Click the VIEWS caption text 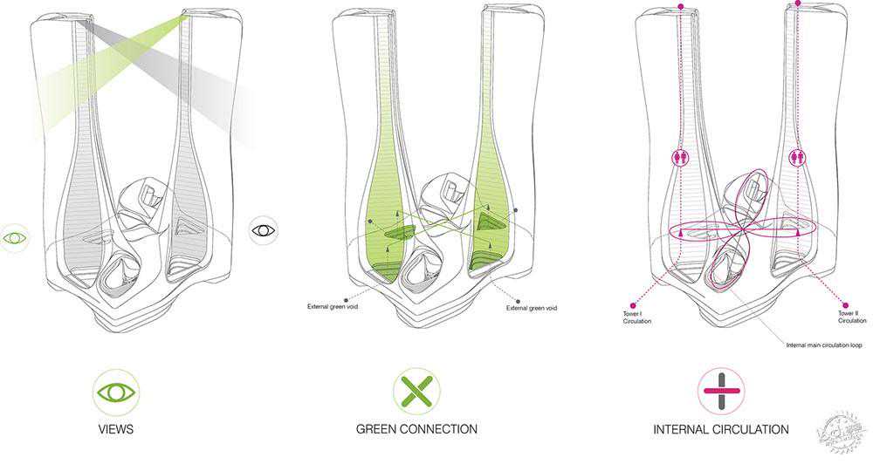pos(116,429)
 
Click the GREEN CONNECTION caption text pos(416,429)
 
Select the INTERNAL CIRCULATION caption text pos(721,429)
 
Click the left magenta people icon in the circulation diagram pos(681,159)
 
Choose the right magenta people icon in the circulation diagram pos(796,158)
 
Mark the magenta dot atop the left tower pos(681,8)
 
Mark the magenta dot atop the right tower pos(798,3)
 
